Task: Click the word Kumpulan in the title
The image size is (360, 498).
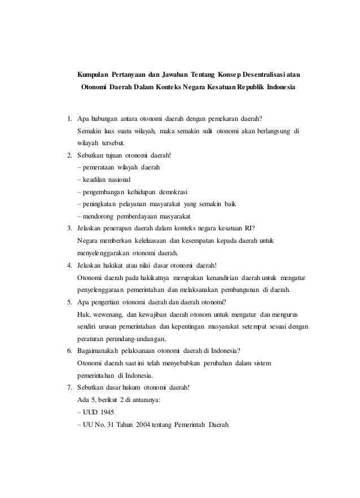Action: pyautogui.click(x=94, y=75)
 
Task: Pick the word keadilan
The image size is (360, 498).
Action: pyautogui.click(x=95, y=180)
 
